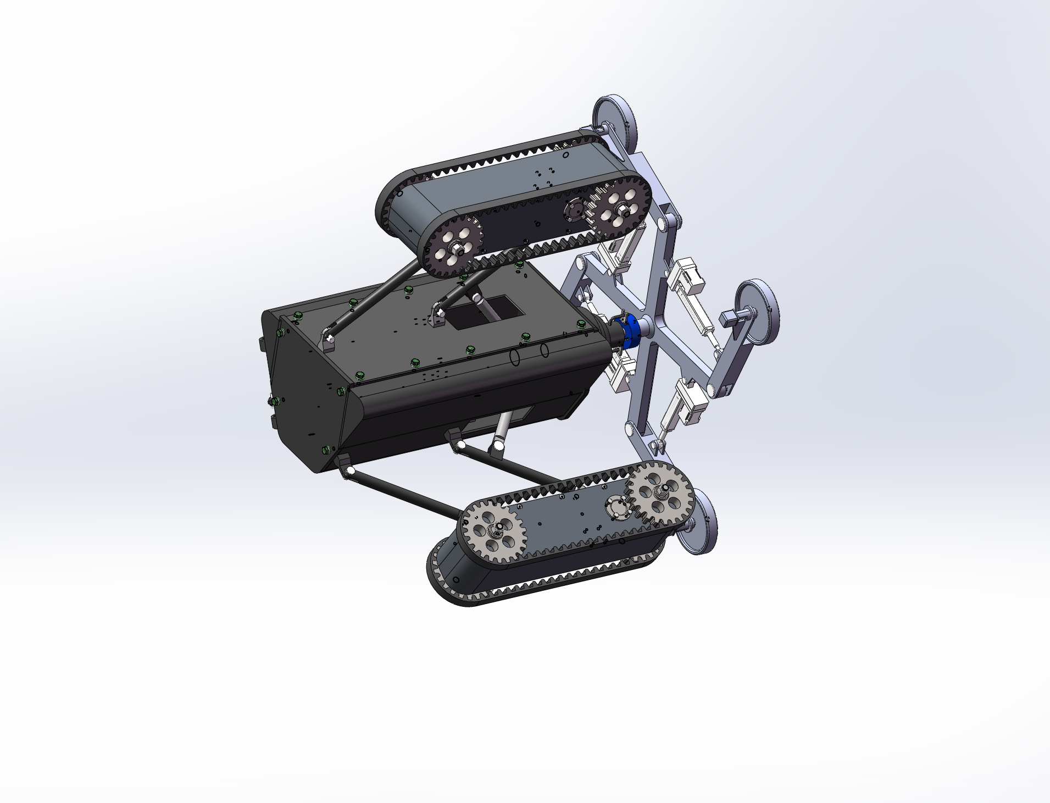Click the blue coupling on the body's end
pyautogui.click(x=627, y=331)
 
